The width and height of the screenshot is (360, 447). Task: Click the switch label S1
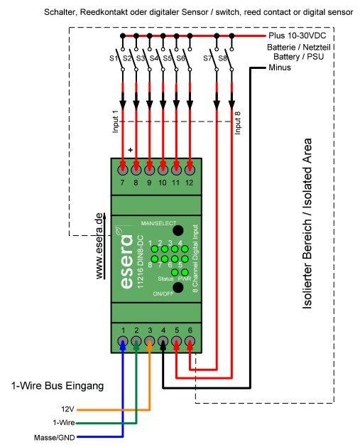tap(112, 58)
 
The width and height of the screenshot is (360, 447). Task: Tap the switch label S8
tap(222, 58)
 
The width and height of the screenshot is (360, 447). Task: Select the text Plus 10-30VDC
tap(298, 36)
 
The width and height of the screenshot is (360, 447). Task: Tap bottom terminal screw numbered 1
tap(123, 342)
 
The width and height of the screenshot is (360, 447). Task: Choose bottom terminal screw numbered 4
tap(163, 342)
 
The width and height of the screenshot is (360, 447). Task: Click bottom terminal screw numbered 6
tap(190, 342)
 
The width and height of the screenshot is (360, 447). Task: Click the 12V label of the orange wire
tap(67, 410)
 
